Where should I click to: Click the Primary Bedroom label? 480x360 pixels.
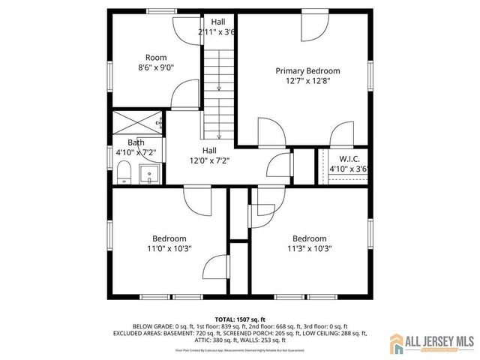pyautogui.click(x=307, y=71)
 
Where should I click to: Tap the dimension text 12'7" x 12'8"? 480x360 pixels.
pyautogui.click(x=307, y=81)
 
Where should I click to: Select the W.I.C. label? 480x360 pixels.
pyautogui.click(x=349, y=159)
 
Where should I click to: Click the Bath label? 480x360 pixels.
pyautogui.click(x=136, y=142)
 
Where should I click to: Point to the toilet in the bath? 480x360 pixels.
pyautogui.click(x=124, y=175)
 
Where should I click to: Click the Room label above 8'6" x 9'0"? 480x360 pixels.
pyautogui.click(x=155, y=58)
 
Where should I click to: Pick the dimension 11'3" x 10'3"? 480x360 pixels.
pyautogui.click(x=309, y=249)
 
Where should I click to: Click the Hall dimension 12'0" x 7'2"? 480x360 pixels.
pyautogui.click(x=208, y=160)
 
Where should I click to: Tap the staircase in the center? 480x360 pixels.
pyautogui.click(x=218, y=94)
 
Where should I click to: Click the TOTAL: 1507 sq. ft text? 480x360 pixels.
pyautogui.click(x=240, y=319)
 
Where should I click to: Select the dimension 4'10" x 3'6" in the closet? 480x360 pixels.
pyautogui.click(x=350, y=169)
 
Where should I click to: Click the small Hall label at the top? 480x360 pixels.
pyautogui.click(x=217, y=22)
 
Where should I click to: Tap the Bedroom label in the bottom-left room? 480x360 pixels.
pyautogui.click(x=169, y=238)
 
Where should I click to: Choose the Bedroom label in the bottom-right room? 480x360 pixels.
pyautogui.click(x=309, y=238)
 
